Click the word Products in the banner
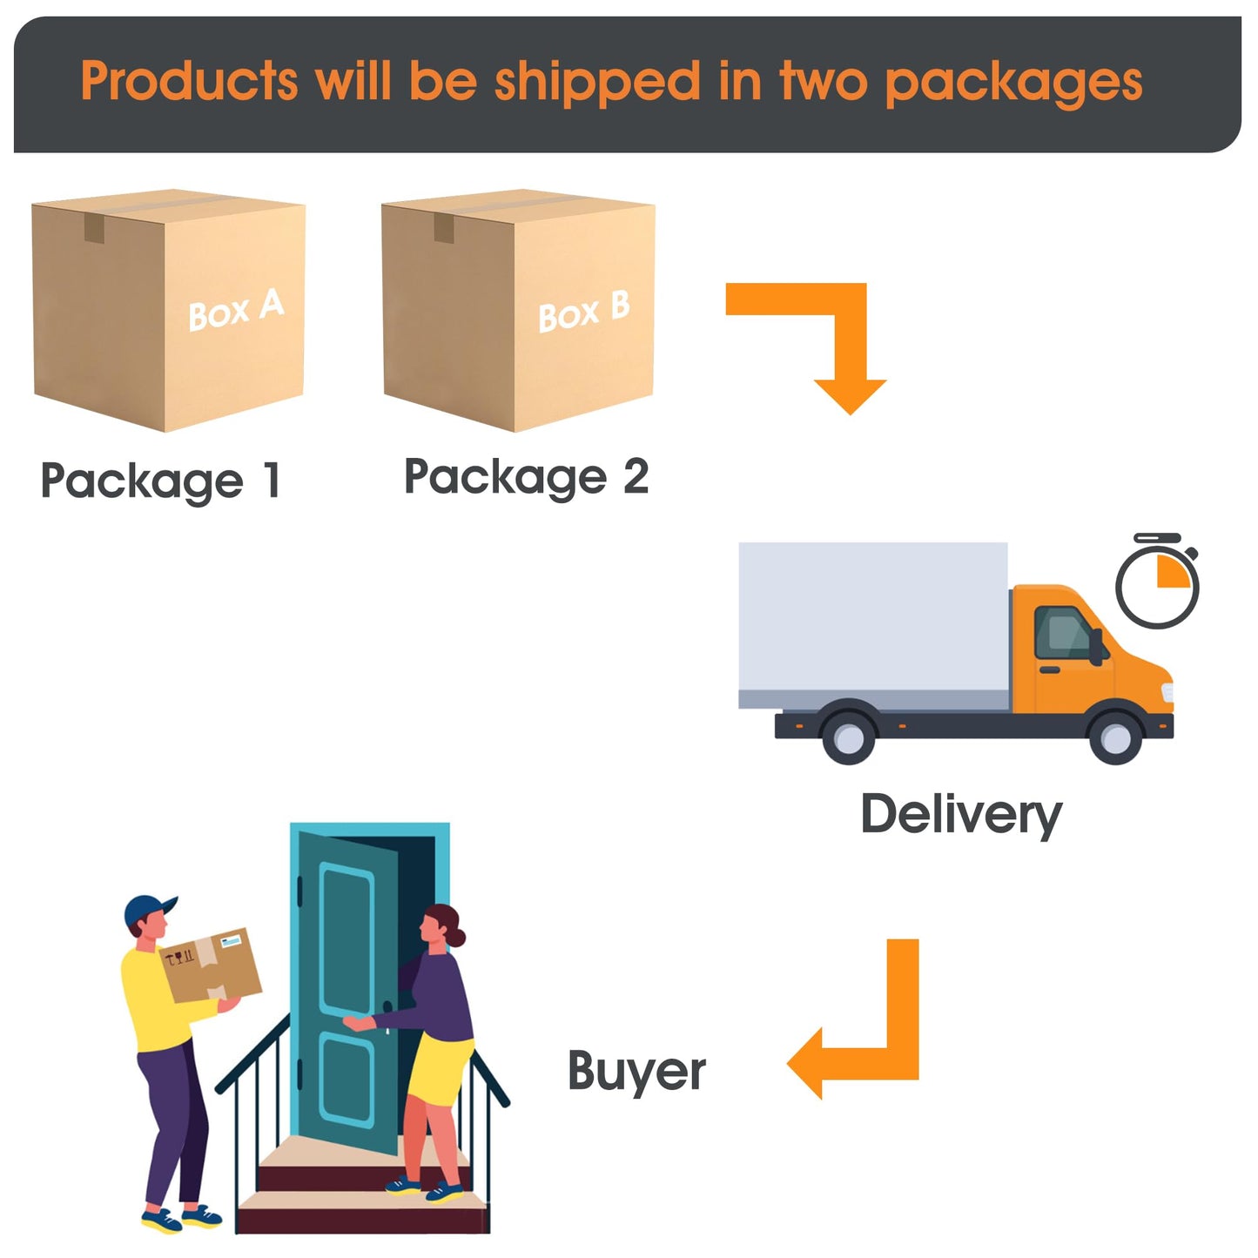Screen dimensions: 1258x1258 coord(189,81)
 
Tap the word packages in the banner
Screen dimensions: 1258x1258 coord(1013,84)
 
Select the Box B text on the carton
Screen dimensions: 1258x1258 coord(584,312)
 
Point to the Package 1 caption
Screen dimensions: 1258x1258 coord(161,481)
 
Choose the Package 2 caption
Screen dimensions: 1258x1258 coord(526,477)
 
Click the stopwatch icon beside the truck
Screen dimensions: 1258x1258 coord(1158,582)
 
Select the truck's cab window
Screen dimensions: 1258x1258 coord(1063,633)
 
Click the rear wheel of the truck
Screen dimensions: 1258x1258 coord(850,737)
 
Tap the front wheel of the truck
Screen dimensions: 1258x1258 coord(1116,737)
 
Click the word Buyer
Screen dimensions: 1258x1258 coord(636,1072)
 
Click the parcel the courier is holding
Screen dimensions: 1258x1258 coord(211,965)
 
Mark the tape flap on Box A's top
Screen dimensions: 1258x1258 coord(94,228)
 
